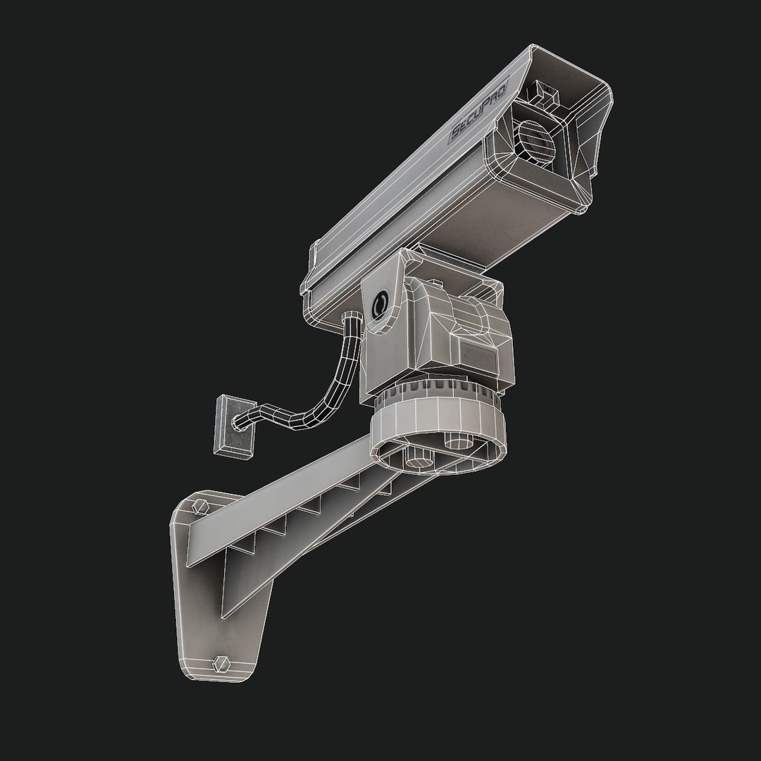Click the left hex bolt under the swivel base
click(x=414, y=459)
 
